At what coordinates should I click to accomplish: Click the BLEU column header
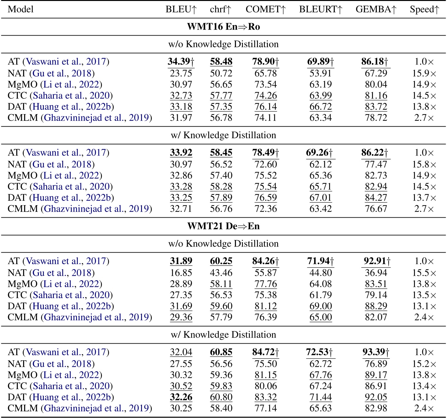181,9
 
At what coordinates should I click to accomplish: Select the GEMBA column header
376,9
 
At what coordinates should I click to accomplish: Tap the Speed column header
424,9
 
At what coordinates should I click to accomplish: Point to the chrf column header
220,9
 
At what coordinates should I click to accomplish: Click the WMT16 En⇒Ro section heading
223,27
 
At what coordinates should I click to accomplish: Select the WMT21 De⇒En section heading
223,226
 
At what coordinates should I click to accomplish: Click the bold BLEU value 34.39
181,62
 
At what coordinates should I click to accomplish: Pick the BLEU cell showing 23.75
181,73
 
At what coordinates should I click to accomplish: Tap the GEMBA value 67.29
376,73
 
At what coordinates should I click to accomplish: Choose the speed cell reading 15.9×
424,73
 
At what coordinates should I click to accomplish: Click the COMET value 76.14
266,107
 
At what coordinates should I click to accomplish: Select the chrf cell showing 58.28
221,187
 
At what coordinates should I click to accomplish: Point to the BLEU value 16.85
181,273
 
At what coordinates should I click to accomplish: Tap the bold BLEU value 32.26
181,397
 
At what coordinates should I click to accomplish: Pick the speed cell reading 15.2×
424,364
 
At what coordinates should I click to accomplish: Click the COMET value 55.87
266,273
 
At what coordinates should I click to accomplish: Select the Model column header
21,9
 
